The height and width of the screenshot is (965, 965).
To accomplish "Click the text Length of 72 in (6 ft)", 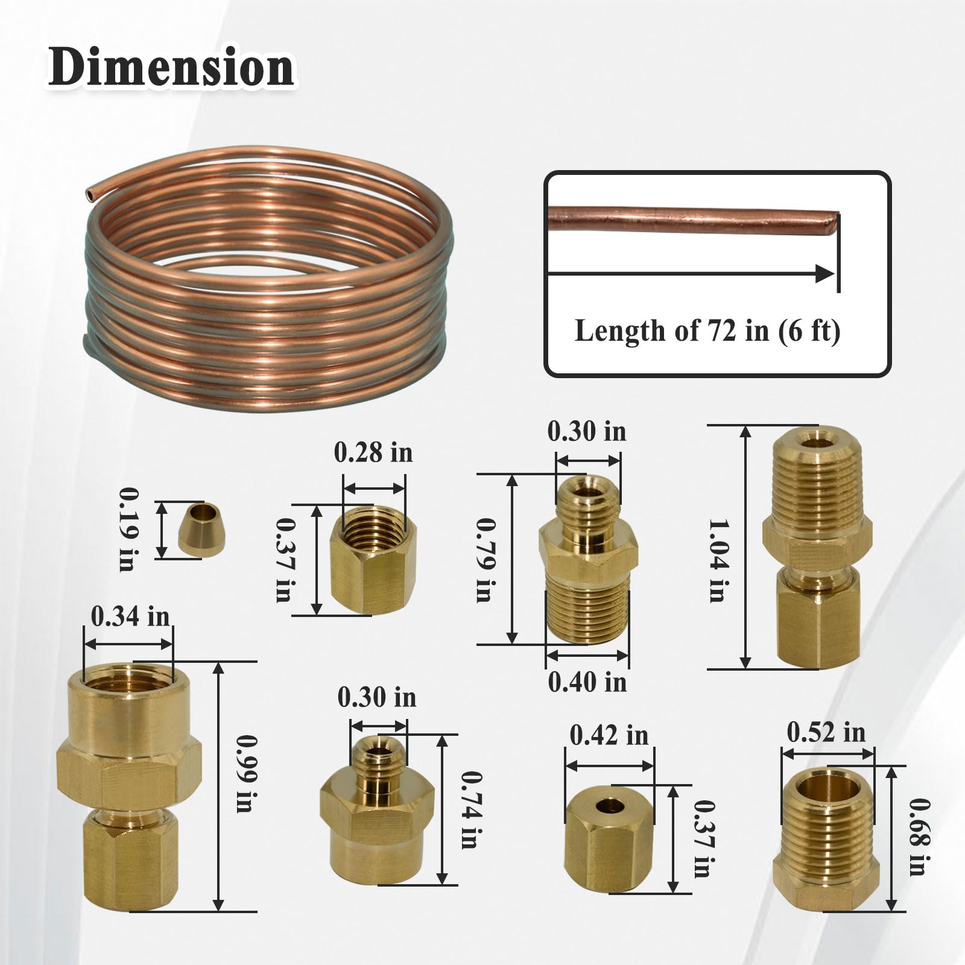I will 707,331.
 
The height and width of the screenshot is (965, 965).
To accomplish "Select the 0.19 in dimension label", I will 127,529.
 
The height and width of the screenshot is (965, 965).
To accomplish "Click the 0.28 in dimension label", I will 373,453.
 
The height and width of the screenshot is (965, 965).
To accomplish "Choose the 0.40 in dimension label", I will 587,682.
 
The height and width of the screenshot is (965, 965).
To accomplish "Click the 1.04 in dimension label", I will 717,560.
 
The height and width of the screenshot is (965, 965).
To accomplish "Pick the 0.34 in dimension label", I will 130,617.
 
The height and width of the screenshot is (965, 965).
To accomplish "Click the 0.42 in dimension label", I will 609,735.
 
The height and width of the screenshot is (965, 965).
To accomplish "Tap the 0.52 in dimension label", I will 826,733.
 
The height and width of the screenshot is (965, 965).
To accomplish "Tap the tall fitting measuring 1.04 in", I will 817,546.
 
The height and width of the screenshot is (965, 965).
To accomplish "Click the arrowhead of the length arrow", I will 824,274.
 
